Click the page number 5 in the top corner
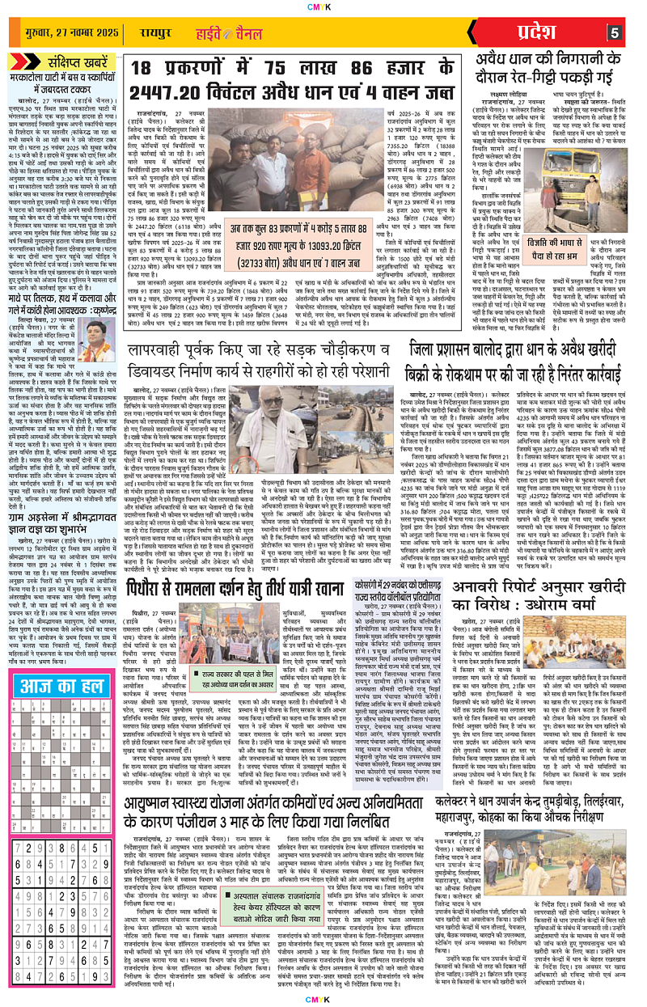(x=614, y=32)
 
